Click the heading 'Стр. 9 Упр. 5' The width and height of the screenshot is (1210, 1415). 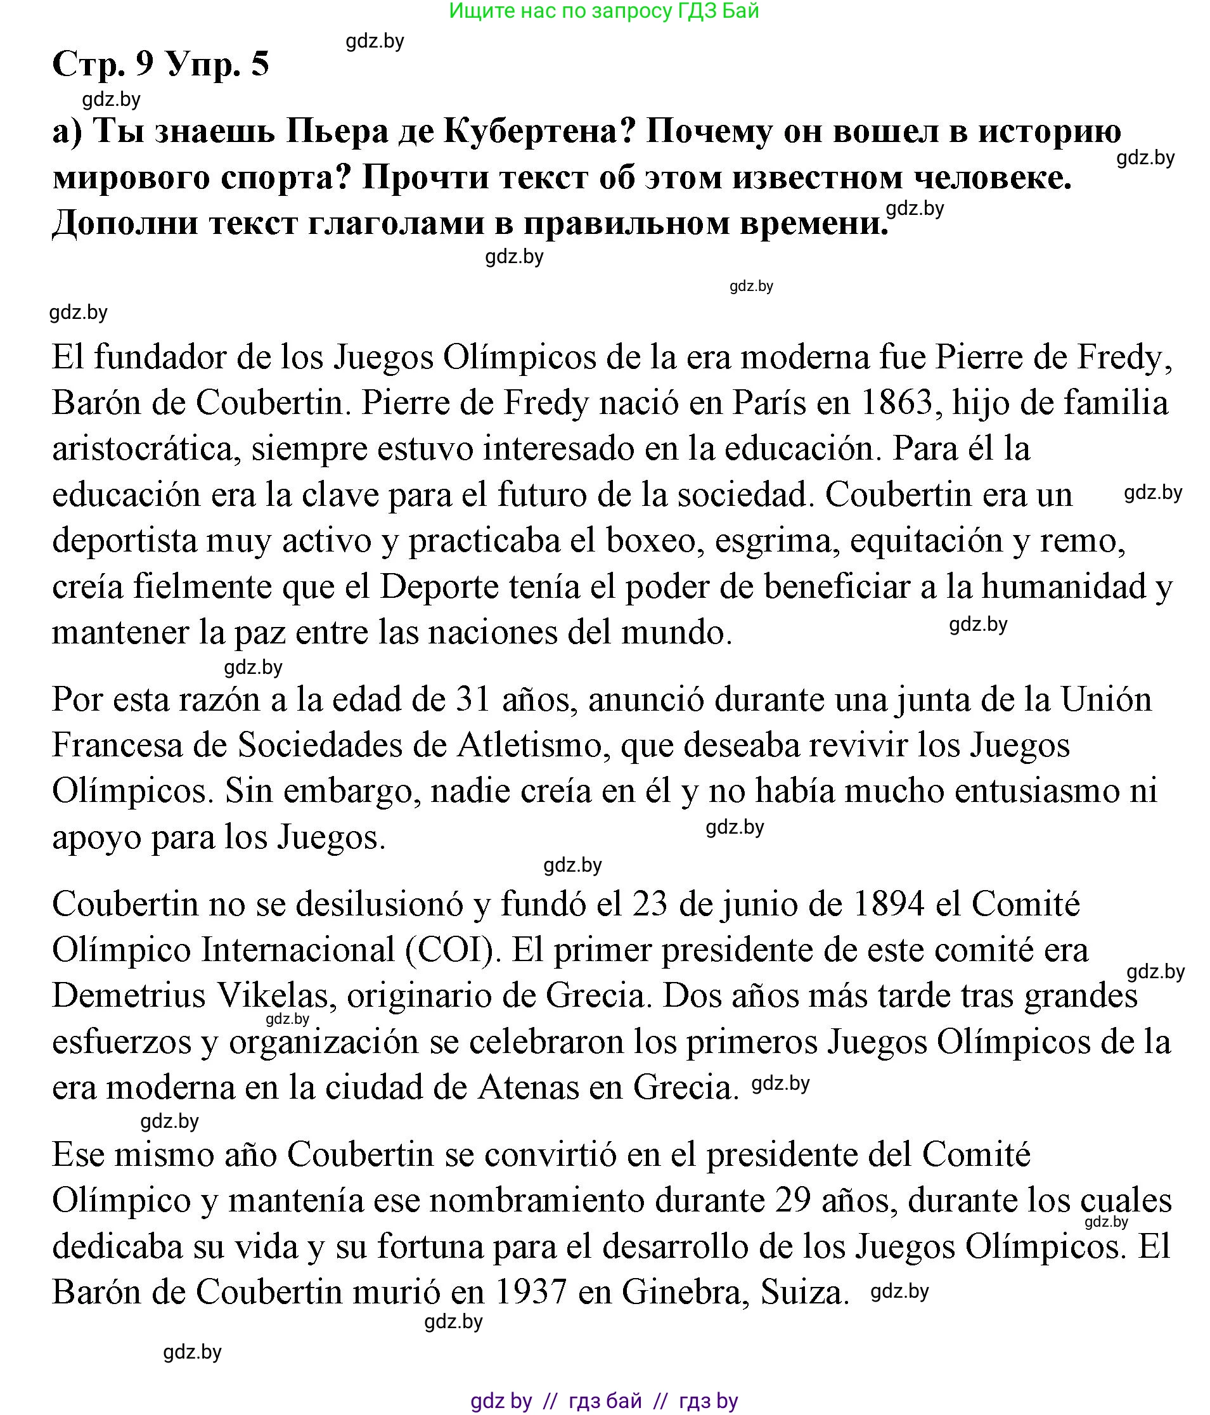[160, 65]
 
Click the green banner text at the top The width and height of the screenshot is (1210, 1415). [604, 11]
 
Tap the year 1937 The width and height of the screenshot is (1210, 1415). [531, 1293]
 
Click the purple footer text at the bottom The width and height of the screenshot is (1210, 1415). [604, 1401]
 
